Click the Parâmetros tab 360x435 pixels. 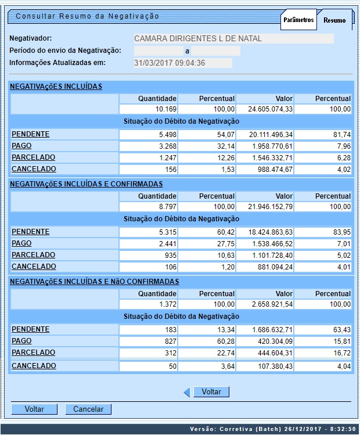click(x=298, y=20)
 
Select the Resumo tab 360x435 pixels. click(x=334, y=20)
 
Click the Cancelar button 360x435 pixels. click(x=88, y=409)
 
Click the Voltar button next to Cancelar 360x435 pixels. click(x=34, y=409)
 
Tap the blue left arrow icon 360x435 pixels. click(x=187, y=393)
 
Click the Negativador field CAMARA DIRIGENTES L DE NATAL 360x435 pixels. click(x=233, y=39)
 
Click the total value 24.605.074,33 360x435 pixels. click(x=272, y=109)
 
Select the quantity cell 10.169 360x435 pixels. click(x=148, y=109)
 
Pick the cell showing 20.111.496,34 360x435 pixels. click(x=272, y=135)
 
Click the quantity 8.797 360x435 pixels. click(x=148, y=207)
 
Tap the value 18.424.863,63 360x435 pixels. click(x=272, y=232)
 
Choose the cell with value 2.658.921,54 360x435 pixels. click(x=272, y=304)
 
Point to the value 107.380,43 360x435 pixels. click(x=272, y=366)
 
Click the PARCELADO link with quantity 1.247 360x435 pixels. click(x=34, y=157)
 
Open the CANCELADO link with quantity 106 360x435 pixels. click(x=34, y=267)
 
